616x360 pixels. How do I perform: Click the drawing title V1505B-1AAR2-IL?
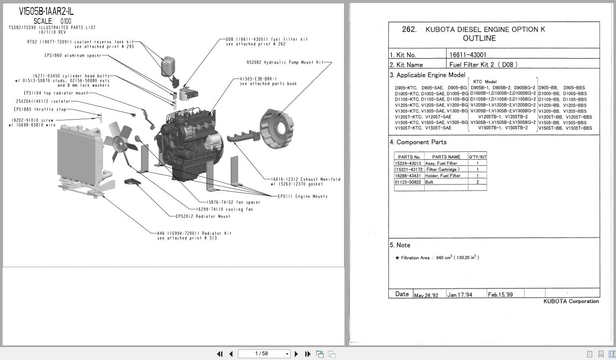tap(47, 12)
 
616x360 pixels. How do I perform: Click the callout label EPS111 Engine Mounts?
tap(303, 196)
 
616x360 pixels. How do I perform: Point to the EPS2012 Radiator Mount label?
tap(203, 216)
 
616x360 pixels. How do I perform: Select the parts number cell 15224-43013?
tap(408, 164)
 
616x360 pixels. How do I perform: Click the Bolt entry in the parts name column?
tap(429, 182)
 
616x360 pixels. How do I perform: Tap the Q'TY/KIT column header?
tap(477, 157)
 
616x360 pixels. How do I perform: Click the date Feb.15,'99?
tap(500, 295)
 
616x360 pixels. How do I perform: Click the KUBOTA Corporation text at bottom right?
tap(571, 301)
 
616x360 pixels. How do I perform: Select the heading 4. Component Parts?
tap(418, 142)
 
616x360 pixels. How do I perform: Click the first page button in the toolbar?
tap(220, 354)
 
